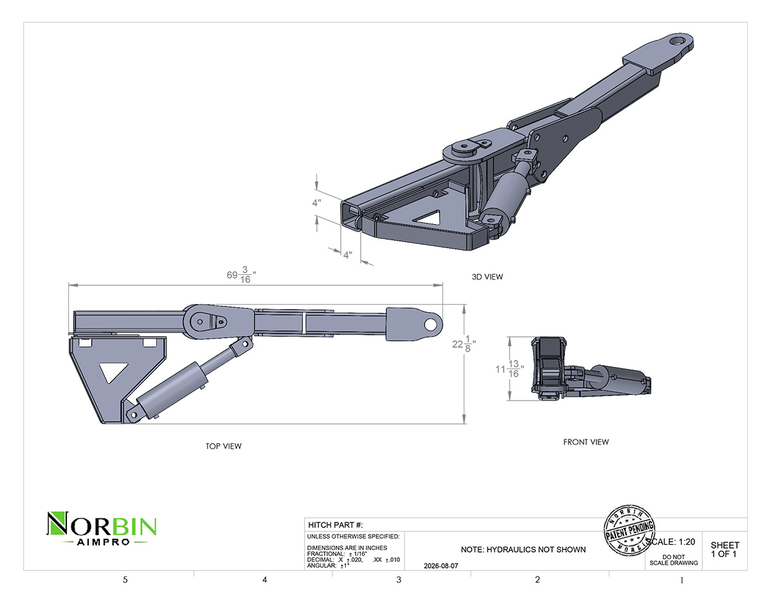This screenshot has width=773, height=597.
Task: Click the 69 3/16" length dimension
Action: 242,275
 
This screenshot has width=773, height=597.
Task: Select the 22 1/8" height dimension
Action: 464,344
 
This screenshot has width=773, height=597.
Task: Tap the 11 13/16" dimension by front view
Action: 510,369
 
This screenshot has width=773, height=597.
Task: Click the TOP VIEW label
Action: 224,446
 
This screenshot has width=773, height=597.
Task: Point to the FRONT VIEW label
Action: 586,442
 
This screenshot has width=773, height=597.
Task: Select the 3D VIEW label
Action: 488,277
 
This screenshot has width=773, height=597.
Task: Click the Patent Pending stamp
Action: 629,530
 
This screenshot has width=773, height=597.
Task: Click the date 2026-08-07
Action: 441,565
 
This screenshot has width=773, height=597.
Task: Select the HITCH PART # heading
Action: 335,525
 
